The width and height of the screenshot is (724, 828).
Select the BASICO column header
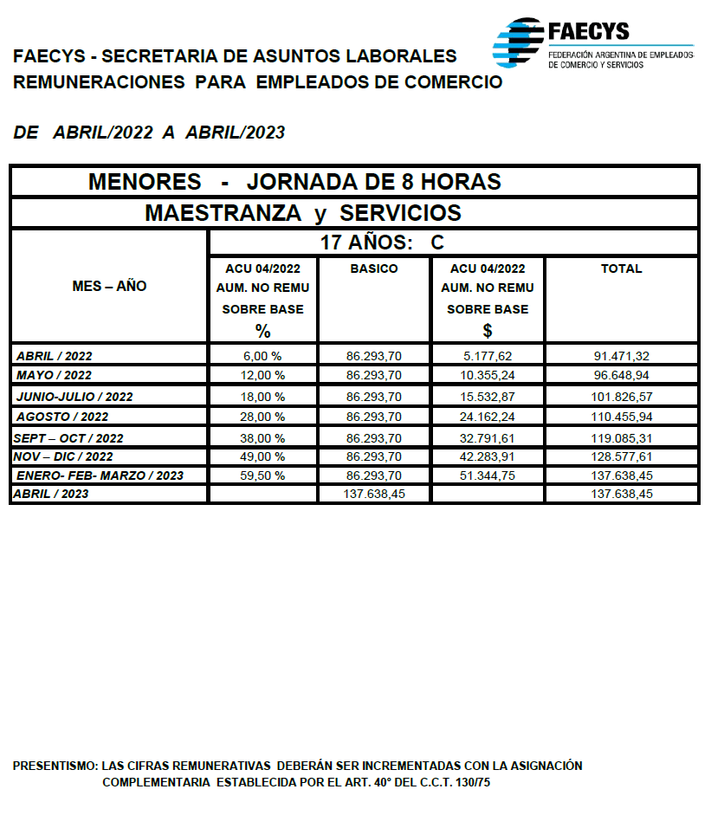click(374, 268)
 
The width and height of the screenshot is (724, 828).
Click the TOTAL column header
click(621, 268)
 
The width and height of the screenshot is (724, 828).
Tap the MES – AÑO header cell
click(109, 286)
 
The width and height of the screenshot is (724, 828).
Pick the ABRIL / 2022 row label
click(55, 356)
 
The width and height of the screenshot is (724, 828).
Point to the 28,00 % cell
click(263, 417)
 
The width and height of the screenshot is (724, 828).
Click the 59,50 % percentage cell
click(263, 475)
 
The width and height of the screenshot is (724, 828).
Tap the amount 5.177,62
click(488, 356)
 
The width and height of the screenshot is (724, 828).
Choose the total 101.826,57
click(621, 397)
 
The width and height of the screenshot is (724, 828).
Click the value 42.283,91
click(488, 456)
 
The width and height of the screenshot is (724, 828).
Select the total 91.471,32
click(621, 356)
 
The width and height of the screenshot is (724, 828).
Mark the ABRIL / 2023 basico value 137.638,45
click(374, 494)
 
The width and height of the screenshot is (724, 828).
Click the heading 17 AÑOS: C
click(382, 243)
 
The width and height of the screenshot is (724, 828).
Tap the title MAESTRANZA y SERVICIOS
click(302, 213)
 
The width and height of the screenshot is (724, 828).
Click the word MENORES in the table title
click(145, 183)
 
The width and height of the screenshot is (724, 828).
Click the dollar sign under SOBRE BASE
click(488, 330)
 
